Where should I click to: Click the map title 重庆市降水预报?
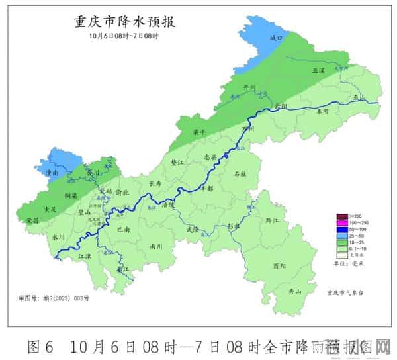tap(124, 22)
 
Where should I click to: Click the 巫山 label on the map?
tap(359, 97)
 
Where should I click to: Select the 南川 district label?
tap(156, 246)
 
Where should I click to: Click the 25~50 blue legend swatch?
tap(342, 236)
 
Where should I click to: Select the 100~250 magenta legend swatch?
tap(342, 223)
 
